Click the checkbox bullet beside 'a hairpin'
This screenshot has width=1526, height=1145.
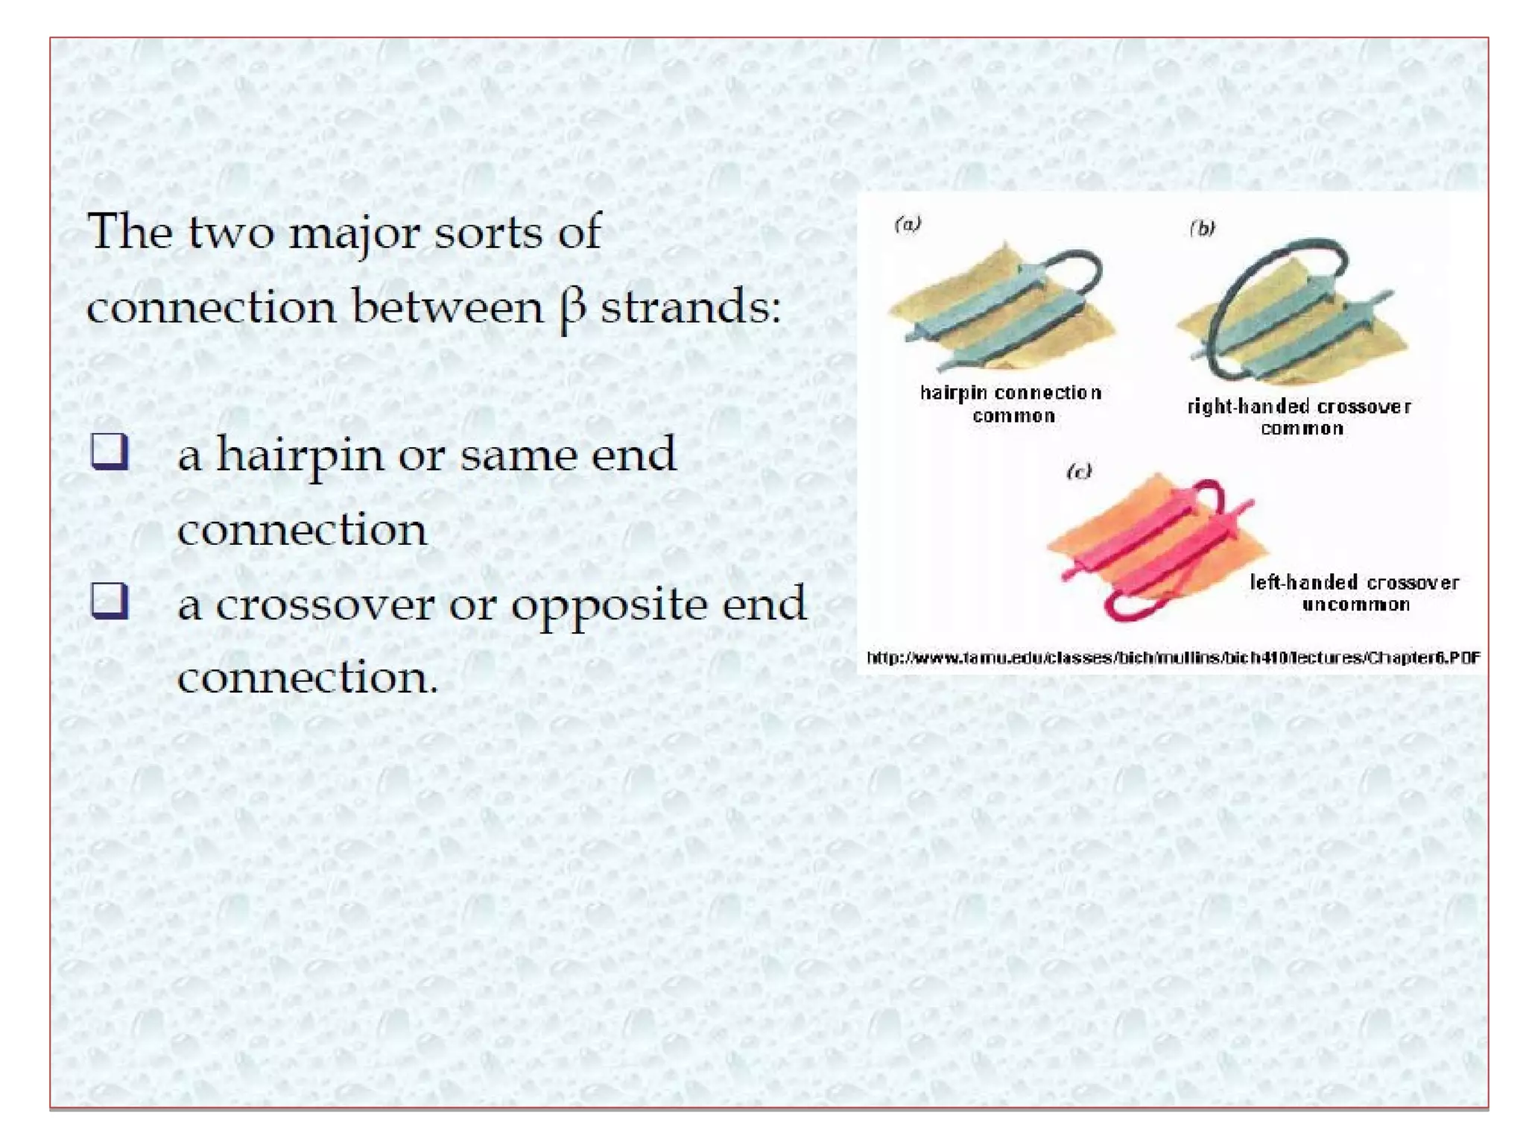[110, 452]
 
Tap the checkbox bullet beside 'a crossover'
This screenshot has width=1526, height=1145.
[110, 601]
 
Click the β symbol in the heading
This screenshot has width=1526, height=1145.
[572, 309]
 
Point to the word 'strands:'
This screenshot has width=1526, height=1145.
[691, 307]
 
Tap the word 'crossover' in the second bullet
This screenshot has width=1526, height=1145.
[325, 604]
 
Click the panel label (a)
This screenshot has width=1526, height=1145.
[908, 224]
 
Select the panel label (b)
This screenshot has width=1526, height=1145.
[1202, 228]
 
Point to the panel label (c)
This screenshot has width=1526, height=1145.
[1078, 471]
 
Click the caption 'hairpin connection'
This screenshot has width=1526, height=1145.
[1010, 393]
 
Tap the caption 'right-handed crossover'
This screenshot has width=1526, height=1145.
[1299, 407]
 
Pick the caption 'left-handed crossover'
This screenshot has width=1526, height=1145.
[1354, 582]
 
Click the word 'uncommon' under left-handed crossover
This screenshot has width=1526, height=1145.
[1356, 605]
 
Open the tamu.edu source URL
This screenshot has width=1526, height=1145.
[1173, 657]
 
